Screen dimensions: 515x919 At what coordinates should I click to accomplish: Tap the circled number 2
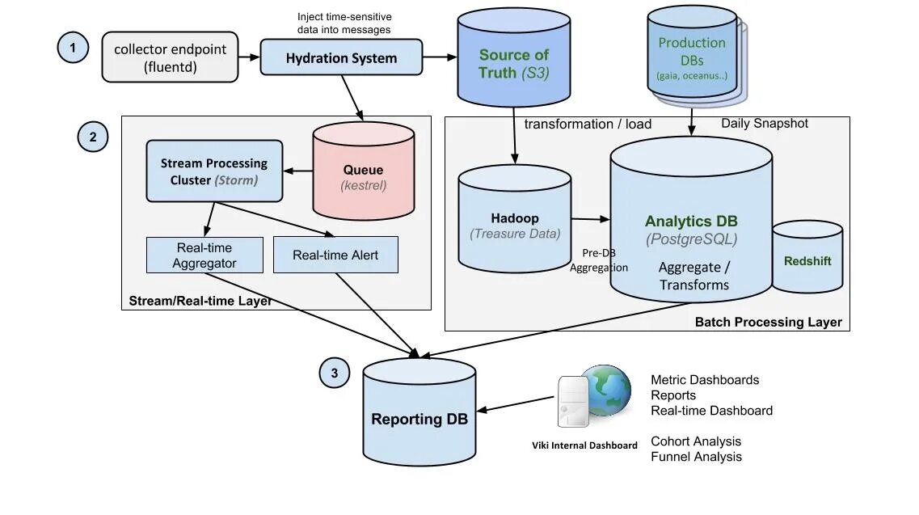(x=93, y=137)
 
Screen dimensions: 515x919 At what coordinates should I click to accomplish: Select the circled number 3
(x=335, y=373)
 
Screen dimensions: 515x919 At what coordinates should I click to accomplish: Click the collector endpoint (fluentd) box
(x=170, y=57)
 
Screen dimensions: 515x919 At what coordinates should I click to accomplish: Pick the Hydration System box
(x=341, y=58)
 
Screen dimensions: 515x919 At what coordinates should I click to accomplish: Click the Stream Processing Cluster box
(x=214, y=171)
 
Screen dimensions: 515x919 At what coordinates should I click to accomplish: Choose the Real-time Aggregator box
(x=204, y=255)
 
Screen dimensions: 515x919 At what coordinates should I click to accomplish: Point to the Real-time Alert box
(x=335, y=255)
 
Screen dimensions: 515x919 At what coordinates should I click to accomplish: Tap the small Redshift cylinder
(x=807, y=259)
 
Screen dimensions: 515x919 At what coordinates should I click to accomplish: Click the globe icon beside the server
(x=605, y=390)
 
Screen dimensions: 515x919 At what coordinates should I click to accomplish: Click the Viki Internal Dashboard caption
(x=584, y=445)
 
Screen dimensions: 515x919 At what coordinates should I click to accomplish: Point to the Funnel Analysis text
(x=696, y=457)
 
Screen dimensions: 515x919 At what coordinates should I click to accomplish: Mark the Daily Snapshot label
(x=764, y=124)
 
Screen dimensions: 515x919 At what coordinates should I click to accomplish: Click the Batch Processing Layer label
(x=768, y=322)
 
